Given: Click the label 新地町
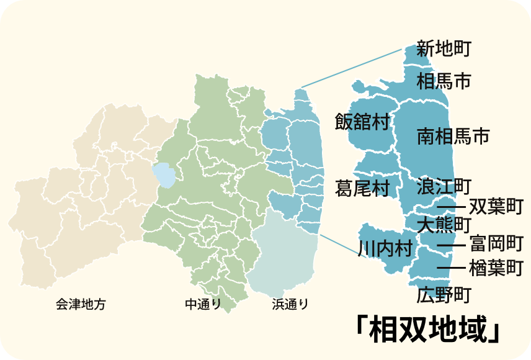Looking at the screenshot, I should [x=444, y=49].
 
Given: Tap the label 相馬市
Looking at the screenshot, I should [x=444, y=81].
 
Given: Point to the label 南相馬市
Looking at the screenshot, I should [x=453, y=136].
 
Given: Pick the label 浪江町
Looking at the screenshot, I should [x=444, y=186].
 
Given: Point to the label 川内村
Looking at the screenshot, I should [x=385, y=249].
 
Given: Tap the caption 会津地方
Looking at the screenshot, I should [x=81, y=304].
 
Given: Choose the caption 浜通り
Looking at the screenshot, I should [x=290, y=304].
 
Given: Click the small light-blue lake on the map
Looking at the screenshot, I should [x=165, y=174].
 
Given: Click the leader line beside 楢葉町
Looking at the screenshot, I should [x=451, y=268].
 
